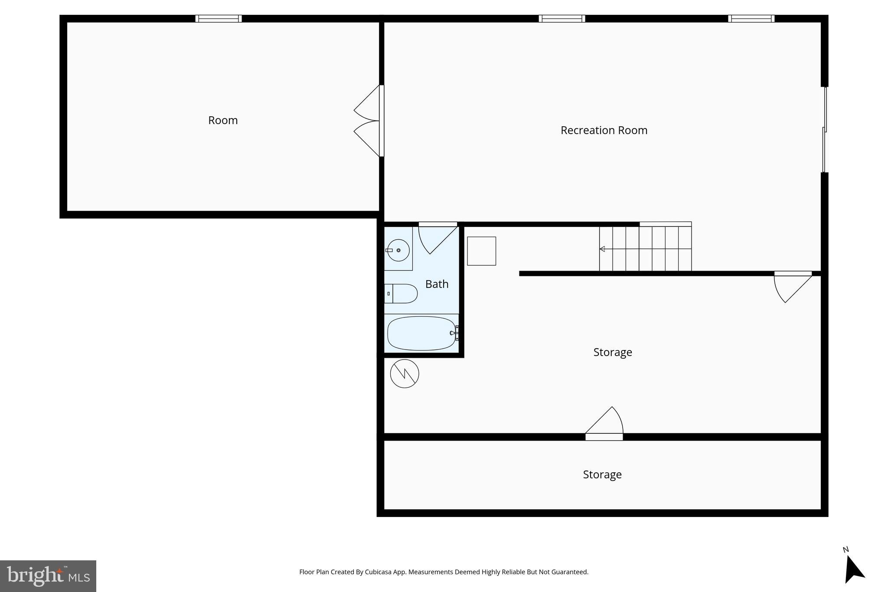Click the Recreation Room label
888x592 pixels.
coord(604,130)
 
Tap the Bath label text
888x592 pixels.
coord(437,284)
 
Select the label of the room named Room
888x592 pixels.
coord(223,120)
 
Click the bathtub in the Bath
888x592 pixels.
coord(421,333)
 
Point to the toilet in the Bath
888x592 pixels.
coord(402,294)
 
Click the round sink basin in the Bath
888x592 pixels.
coord(398,250)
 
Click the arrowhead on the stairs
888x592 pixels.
coord(602,249)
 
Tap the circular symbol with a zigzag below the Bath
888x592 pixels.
coord(405,373)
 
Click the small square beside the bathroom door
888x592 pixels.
coord(481,251)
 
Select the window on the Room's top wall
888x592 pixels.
coord(219,19)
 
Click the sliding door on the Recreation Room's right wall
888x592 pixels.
coord(825,130)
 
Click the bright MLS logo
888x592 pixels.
coord(48,576)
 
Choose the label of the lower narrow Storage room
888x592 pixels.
coord(602,474)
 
